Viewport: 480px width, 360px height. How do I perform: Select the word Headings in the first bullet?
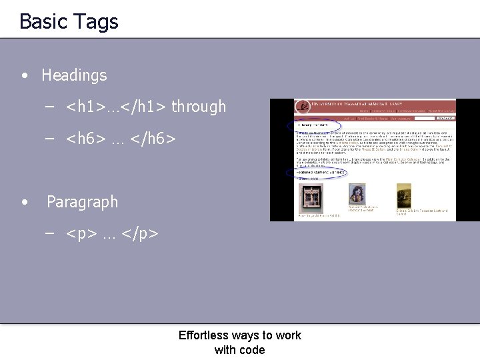point(74,75)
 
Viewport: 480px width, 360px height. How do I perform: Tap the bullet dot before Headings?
point(25,75)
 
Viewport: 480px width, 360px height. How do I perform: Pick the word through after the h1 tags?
point(199,107)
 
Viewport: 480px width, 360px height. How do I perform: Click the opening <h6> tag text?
point(86,139)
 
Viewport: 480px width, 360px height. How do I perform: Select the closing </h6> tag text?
point(153,139)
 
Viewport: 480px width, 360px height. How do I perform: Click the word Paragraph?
point(82,202)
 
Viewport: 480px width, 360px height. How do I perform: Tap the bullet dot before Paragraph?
point(25,202)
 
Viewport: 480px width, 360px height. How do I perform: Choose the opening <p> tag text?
point(81,234)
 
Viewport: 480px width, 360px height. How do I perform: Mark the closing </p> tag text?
point(140,234)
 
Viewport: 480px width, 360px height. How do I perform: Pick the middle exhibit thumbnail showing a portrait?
point(357,195)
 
